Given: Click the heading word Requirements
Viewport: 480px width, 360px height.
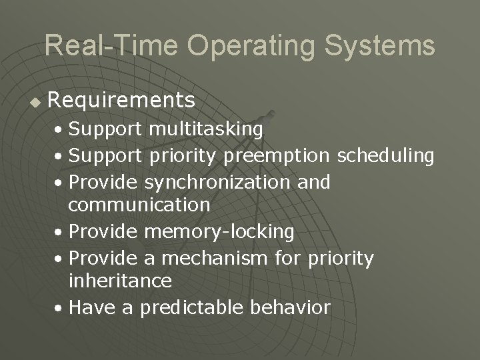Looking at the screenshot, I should tap(122, 101).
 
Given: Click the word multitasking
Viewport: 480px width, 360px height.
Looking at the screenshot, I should tap(206, 128).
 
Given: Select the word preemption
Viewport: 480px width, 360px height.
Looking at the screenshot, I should tap(277, 156).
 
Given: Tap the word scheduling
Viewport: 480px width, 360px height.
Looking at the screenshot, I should tap(386, 156).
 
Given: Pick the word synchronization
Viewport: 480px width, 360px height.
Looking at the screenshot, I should tap(213, 181).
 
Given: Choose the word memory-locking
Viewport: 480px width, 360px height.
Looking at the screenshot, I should tap(219, 231).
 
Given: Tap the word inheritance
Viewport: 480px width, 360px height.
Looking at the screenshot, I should tap(120, 281).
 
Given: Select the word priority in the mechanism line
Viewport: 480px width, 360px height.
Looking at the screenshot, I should tap(341, 257).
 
